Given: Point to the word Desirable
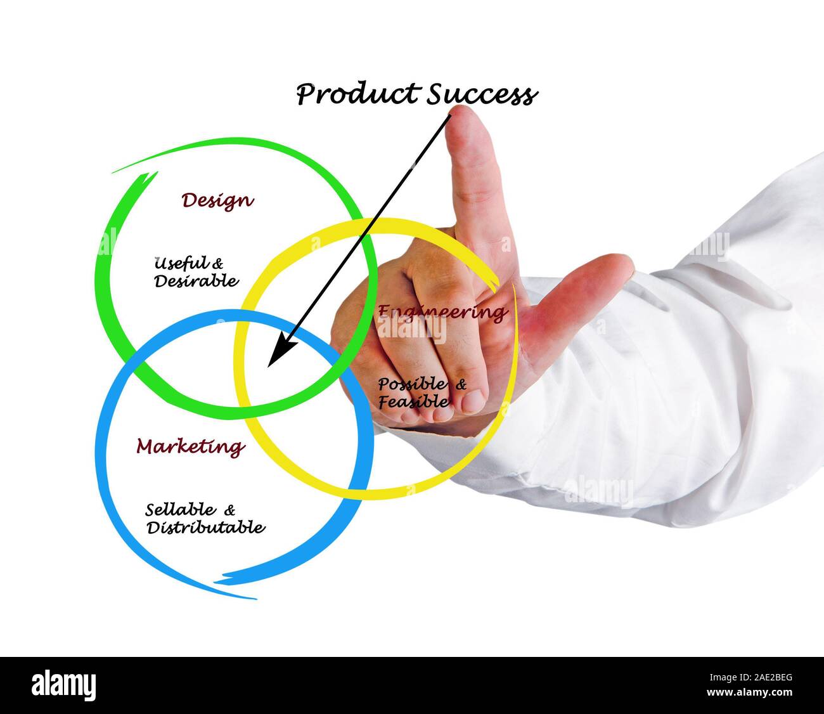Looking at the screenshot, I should (x=196, y=280).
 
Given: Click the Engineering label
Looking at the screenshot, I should (x=442, y=312).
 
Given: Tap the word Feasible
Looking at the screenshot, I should (x=414, y=401).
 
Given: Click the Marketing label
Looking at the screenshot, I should (x=191, y=447).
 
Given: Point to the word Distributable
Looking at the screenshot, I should (x=205, y=527).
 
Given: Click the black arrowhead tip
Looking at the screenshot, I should (x=269, y=365).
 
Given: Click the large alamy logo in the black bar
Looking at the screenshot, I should (x=63, y=685).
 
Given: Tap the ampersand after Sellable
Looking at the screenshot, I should (x=229, y=509).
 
